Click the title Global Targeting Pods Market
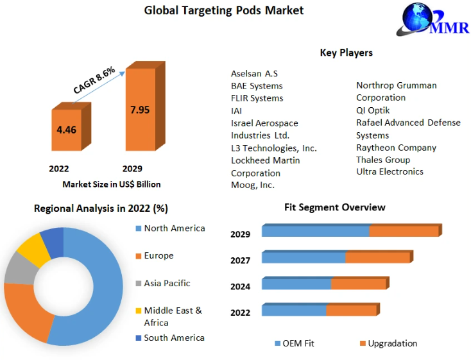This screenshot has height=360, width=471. click(224, 10)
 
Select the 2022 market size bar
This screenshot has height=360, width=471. click(67, 132)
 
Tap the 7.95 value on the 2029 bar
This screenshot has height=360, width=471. click(139, 110)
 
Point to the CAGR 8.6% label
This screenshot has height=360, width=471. click(94, 80)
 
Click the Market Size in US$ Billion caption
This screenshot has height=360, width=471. click(111, 184)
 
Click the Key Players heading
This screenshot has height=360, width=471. click(346, 53)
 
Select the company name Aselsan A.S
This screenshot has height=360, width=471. click(254, 74)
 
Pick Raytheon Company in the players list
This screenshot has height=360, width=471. click(396, 148)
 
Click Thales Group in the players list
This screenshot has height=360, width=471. click(383, 160)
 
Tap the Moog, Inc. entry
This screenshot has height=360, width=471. click(253, 185)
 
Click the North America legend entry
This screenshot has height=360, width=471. click(174, 228)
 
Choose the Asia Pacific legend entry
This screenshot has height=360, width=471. click(167, 283)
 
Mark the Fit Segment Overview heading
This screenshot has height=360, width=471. click(334, 207)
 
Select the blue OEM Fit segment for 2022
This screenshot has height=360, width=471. click(294, 311)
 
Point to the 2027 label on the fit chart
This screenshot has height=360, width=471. click(241, 260)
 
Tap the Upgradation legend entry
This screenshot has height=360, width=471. click(392, 343)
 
